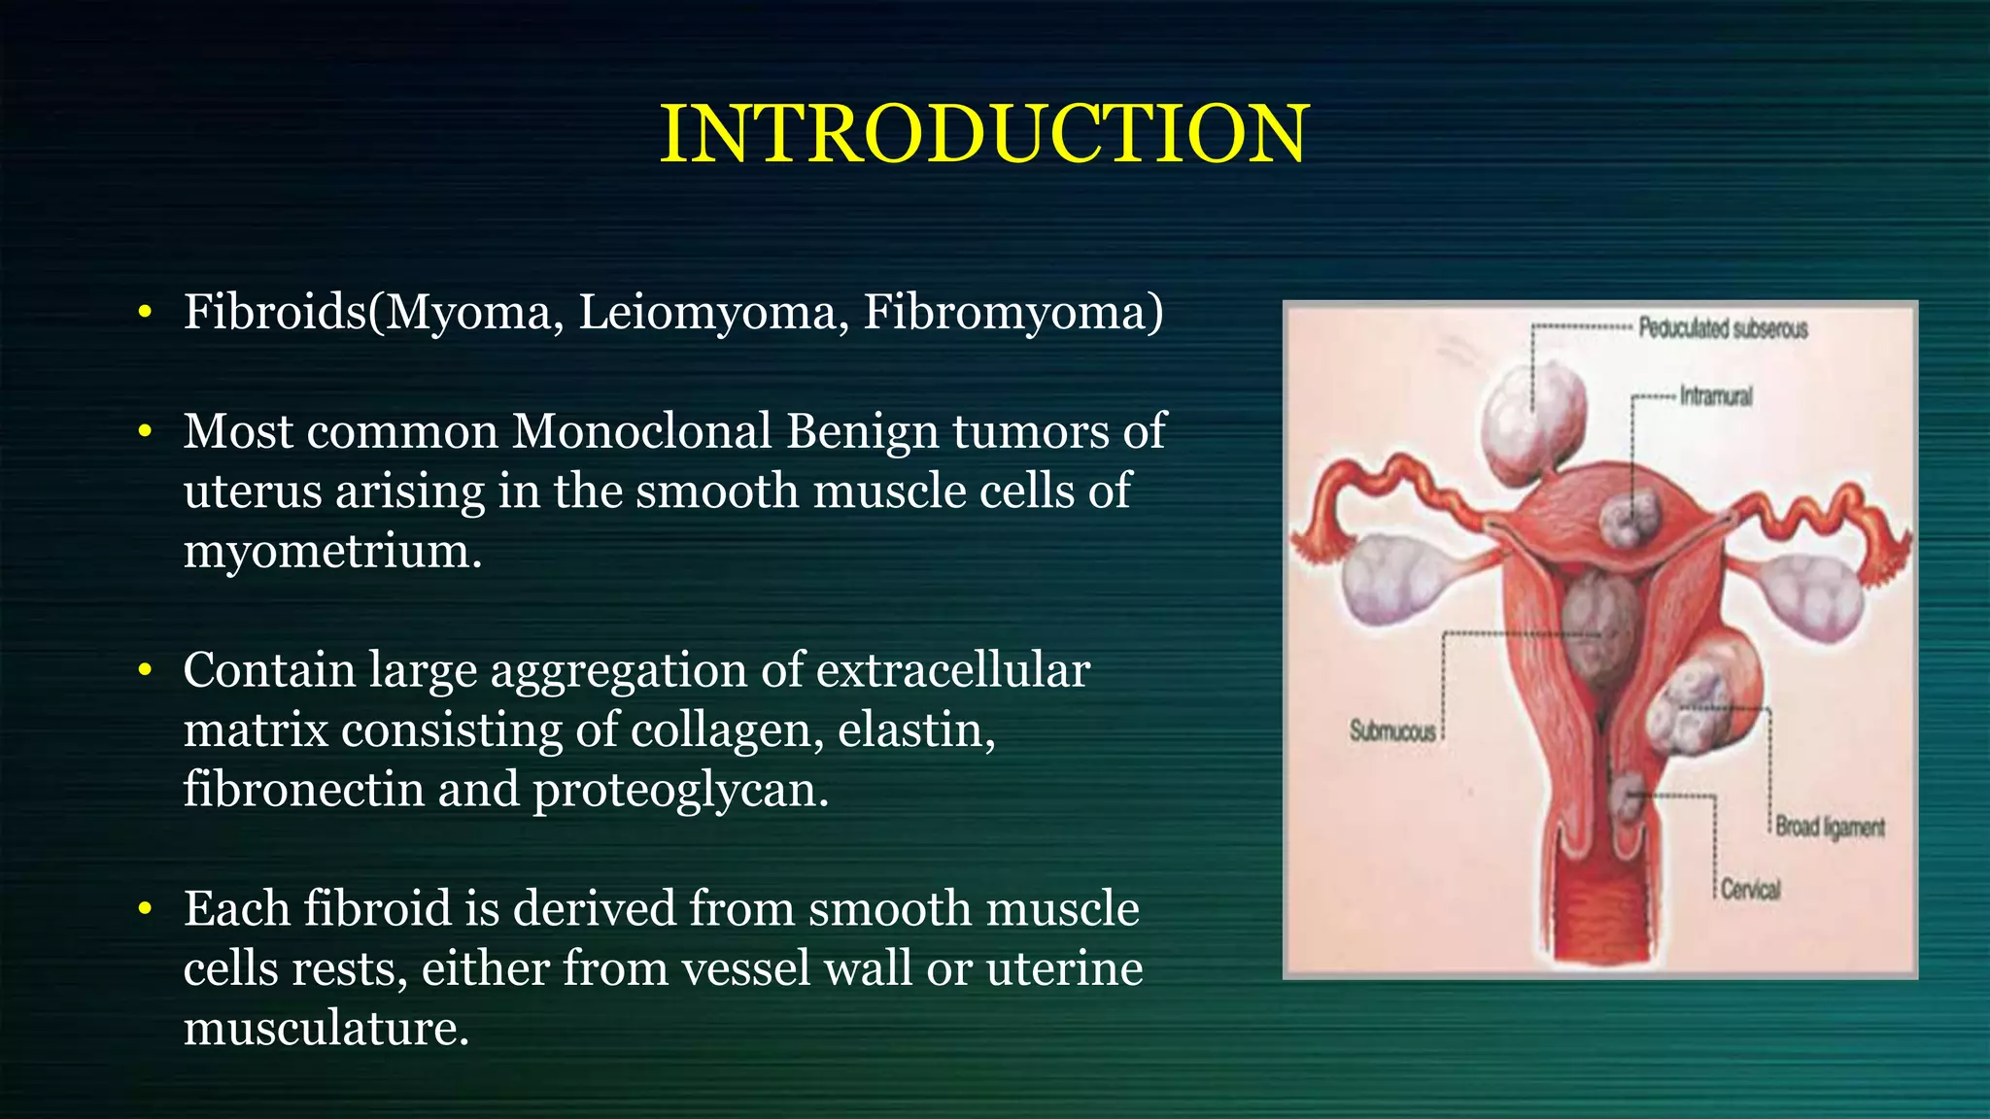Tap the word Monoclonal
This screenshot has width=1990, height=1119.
(641, 431)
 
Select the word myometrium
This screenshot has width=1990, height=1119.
(331, 552)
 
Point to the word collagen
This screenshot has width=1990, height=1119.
(728, 729)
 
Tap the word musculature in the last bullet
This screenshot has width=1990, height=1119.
(326, 1029)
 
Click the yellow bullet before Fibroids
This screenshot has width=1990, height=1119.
(145, 313)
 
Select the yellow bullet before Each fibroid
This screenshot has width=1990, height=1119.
(145, 909)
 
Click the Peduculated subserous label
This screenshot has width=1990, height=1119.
(1722, 328)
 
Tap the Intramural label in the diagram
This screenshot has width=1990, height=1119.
(1716, 396)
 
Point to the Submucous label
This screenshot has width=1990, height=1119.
(1391, 731)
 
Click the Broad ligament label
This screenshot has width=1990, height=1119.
(1830, 827)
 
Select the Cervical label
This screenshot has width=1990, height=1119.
(1750, 889)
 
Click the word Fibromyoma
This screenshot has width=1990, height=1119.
(1012, 313)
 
